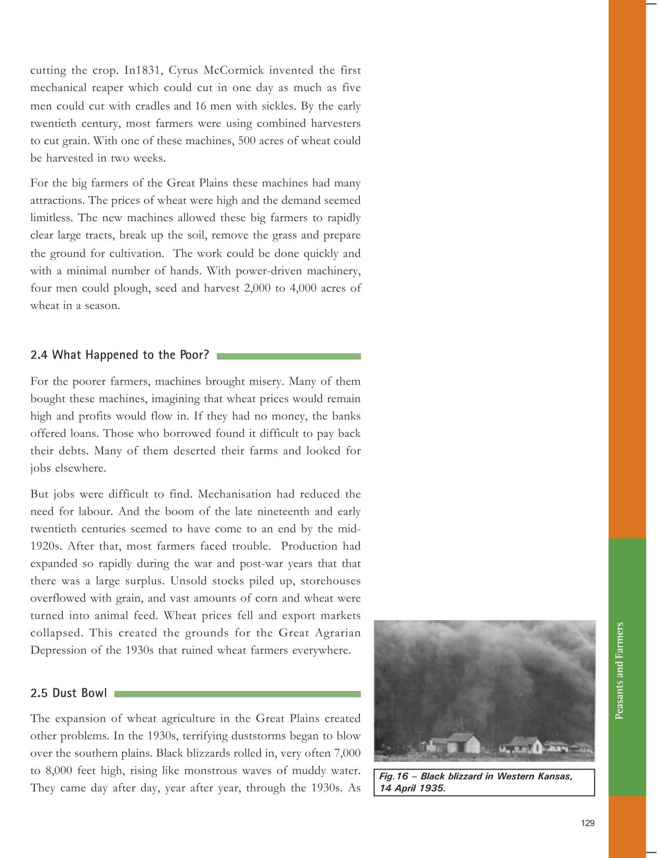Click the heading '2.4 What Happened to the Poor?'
pyautogui.click(x=120, y=355)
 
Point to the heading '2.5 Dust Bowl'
pyautogui.click(x=69, y=693)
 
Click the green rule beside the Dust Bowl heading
pyautogui.click(x=237, y=694)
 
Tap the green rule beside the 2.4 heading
pyautogui.click(x=289, y=356)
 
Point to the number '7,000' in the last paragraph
pyautogui.click(x=345, y=753)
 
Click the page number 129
pyautogui.click(x=588, y=823)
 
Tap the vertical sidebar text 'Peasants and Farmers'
pyautogui.click(x=619, y=671)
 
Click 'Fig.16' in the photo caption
pyautogui.click(x=394, y=776)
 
